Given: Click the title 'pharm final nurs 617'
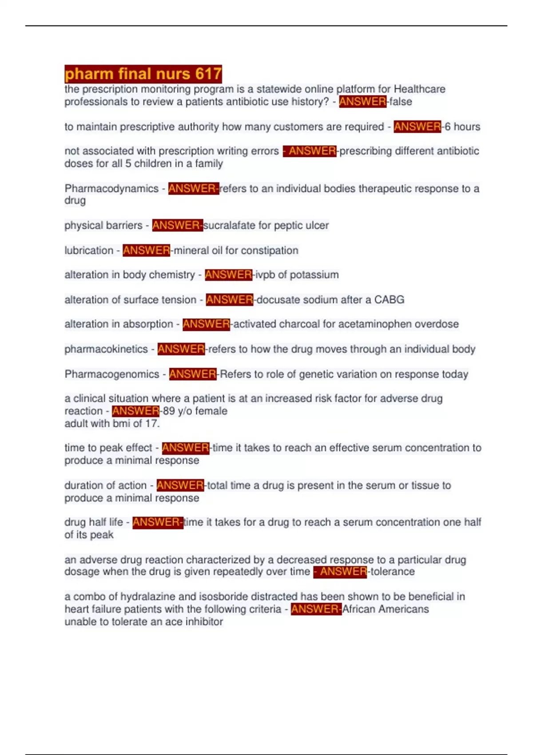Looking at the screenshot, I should [143, 74].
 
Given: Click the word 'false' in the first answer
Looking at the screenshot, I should [401, 102].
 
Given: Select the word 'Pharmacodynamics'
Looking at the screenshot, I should [111, 188].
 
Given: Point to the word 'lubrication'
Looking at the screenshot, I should [89, 250].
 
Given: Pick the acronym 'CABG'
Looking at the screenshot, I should [389, 299].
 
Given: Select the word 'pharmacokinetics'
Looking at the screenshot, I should [106, 349].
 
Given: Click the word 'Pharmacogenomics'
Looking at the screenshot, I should [112, 374].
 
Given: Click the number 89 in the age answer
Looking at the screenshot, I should [169, 411].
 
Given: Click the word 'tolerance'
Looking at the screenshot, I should [393, 571].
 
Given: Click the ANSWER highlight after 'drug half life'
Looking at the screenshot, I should [157, 522].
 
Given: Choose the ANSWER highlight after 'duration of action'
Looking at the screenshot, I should [180, 485].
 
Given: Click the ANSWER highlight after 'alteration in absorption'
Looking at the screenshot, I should [206, 324].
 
